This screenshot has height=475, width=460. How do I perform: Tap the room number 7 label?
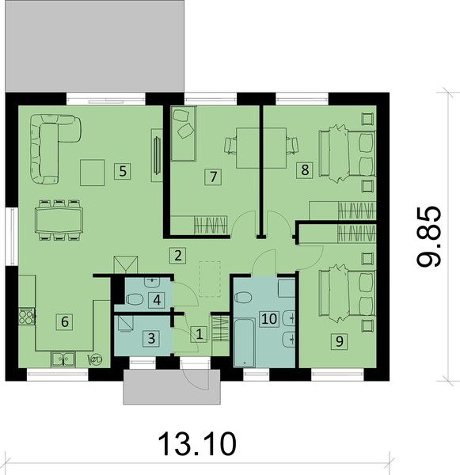(211, 177)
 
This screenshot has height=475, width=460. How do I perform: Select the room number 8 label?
(302, 169)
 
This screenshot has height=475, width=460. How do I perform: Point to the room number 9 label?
(339, 341)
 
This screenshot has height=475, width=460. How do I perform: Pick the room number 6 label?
(65, 321)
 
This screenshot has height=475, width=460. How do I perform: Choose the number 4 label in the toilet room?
(157, 300)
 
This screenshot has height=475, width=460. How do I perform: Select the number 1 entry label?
(199, 334)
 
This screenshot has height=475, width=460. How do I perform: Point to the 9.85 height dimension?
(428, 237)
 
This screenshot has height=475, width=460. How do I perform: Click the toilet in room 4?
(135, 299)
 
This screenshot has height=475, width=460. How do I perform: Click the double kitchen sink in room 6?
(63, 359)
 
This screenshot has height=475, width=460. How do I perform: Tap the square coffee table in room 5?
(93, 170)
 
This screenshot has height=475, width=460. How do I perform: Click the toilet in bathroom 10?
(244, 298)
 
